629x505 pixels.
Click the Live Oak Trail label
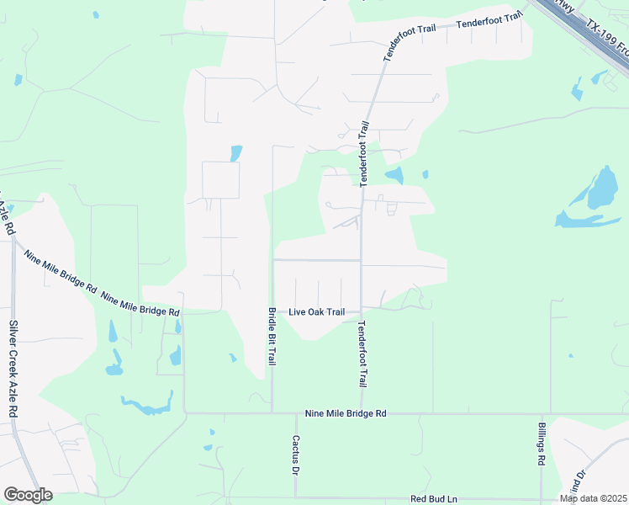[317, 311]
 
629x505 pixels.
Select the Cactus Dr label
[296, 454]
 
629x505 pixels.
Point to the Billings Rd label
[542, 444]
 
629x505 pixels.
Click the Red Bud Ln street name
[433, 499]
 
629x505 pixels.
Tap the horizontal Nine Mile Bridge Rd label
[345, 413]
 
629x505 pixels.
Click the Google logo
[29, 495]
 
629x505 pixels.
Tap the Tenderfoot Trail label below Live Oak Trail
[362, 353]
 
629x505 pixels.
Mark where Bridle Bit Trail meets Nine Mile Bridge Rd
[272, 413]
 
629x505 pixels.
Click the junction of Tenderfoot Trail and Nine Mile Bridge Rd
[362, 413]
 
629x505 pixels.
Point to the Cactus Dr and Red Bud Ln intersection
[296, 497]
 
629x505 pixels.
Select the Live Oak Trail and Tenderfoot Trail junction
[362, 308]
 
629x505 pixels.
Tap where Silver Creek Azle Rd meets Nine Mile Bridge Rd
[13, 239]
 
